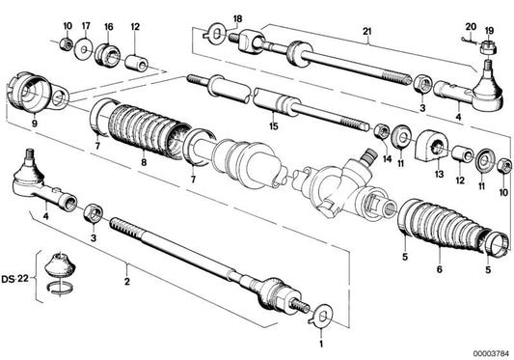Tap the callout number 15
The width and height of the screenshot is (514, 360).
(275, 125)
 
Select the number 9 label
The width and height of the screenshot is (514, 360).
(36, 124)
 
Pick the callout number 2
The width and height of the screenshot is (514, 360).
(125, 283)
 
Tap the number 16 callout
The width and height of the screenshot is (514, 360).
(107, 25)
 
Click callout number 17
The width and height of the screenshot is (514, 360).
(86, 25)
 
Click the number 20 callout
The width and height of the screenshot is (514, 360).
(471, 27)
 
